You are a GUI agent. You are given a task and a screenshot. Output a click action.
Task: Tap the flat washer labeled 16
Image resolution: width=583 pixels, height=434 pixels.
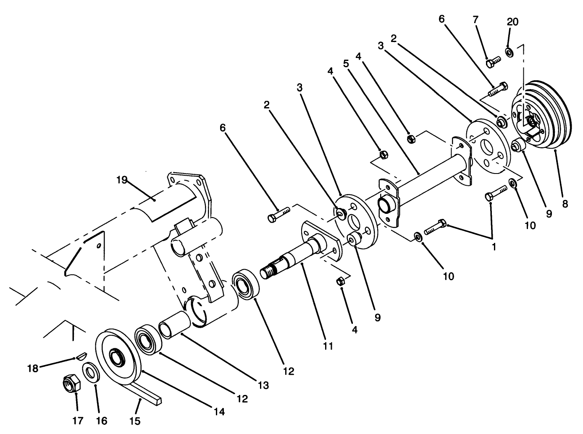[91, 372]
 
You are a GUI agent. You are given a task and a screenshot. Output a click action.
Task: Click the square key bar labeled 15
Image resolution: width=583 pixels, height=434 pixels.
[145, 391]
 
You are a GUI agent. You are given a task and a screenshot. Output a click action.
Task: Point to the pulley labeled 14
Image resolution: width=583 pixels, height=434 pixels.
[115, 352]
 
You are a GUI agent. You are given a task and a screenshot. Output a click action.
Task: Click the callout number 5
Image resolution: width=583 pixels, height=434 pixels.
[346, 63]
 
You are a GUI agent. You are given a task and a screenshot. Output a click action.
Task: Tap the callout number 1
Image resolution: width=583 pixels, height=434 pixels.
[494, 247]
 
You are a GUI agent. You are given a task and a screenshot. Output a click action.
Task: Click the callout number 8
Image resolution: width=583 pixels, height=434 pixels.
[565, 204]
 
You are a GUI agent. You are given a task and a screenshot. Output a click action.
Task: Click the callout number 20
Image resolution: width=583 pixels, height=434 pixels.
[512, 22]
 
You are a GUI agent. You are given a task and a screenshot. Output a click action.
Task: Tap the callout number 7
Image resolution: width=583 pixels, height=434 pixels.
[475, 19]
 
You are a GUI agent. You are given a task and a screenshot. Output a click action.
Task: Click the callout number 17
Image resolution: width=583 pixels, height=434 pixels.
[78, 420]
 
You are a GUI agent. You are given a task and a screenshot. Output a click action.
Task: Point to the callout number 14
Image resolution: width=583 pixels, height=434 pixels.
[219, 412]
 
